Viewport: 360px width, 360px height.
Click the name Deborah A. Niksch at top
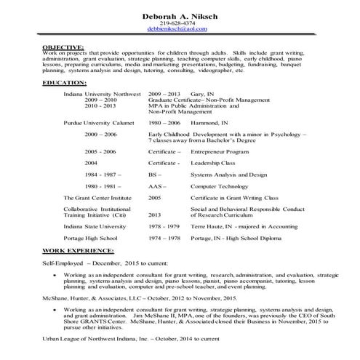(x=180, y=17)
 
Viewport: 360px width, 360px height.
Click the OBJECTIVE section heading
(x=63, y=46)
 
